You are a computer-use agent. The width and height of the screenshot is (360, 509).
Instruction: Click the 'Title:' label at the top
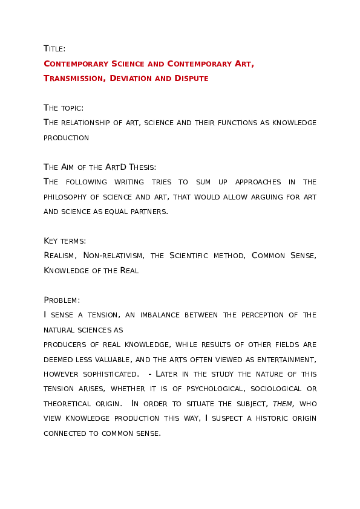coord(54,49)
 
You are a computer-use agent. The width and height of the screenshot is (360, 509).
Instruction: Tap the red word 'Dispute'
coord(190,79)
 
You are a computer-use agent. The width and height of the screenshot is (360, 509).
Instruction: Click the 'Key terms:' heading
coord(65,241)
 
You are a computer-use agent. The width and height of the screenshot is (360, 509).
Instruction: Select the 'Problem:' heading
coord(62,300)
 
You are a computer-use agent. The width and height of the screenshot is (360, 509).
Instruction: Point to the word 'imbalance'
coord(154,315)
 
